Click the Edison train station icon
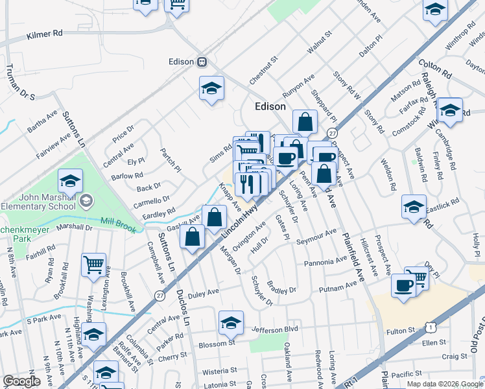click(x=202, y=62)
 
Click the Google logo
click(x=21, y=381)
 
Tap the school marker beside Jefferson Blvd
click(x=231, y=323)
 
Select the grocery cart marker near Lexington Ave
click(x=94, y=265)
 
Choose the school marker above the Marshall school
click(x=70, y=181)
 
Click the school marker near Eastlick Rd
click(x=414, y=207)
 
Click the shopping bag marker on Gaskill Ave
click(x=214, y=218)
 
